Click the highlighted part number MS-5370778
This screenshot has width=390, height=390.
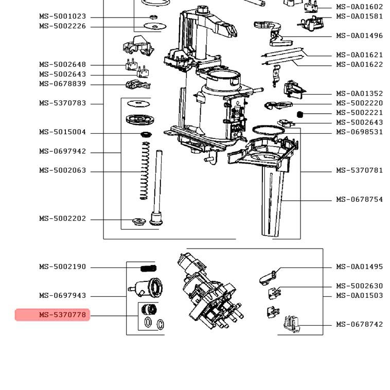pos(62,314)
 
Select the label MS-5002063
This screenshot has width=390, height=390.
pos(62,171)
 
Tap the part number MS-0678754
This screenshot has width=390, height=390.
pos(359,200)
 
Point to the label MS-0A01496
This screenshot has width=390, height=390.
pos(359,36)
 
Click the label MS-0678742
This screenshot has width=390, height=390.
pos(359,325)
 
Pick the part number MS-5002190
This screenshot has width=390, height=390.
pos(62,267)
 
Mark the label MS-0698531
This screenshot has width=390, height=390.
pos(359,132)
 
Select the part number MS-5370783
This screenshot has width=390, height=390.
pos(62,103)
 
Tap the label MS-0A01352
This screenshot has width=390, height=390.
pos(359,94)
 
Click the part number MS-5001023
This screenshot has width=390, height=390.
pos(62,16)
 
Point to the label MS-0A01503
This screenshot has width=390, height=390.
pos(359,296)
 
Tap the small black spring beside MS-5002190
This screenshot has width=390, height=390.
pos(148,268)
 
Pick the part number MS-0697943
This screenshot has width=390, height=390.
pos(62,296)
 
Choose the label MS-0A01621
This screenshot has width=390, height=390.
pos(359,55)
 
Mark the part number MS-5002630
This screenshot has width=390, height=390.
pos(359,286)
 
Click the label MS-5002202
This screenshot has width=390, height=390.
pos(62,219)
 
